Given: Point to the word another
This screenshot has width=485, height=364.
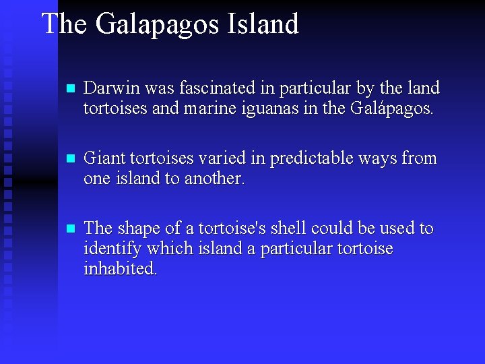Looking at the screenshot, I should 212,179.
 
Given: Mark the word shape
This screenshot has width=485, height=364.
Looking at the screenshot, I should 137,229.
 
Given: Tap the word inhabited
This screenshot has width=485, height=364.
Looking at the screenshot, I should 121,269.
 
